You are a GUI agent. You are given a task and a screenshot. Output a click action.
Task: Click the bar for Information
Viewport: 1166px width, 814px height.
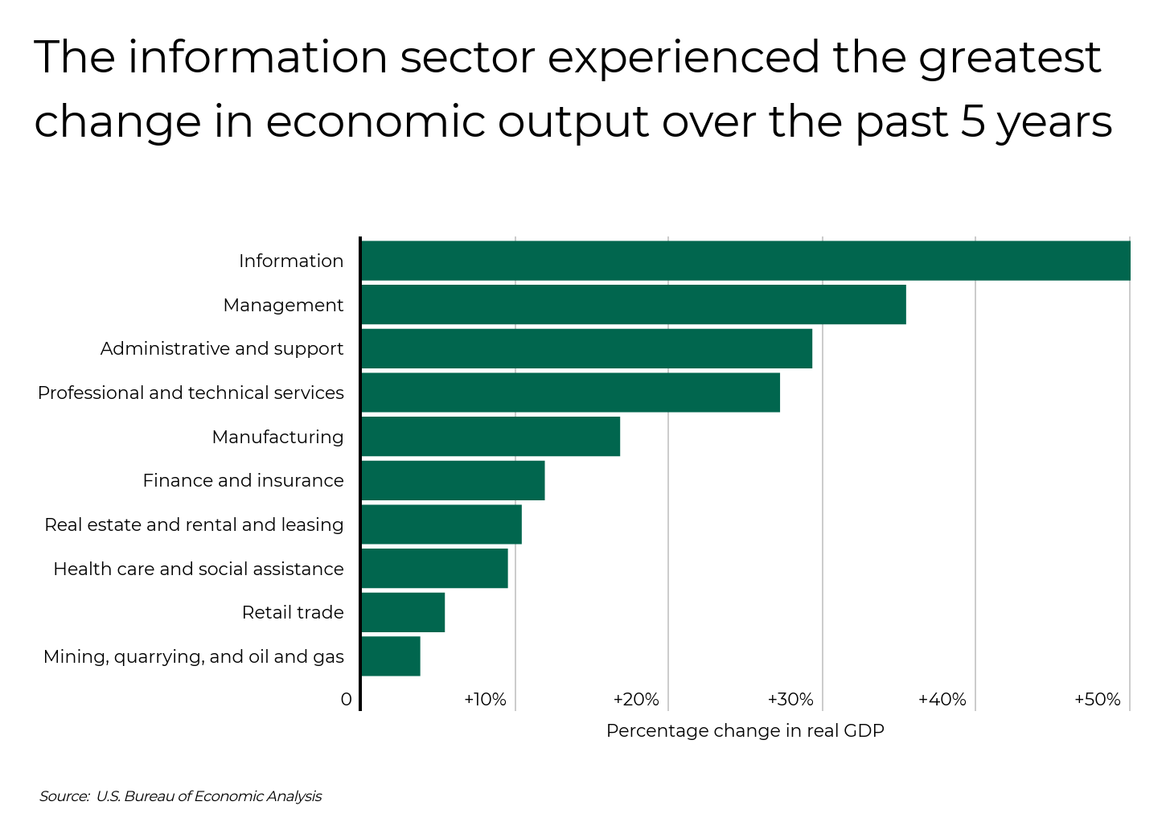coord(745,261)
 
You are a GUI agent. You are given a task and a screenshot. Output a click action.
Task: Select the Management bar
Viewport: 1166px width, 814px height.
coord(634,305)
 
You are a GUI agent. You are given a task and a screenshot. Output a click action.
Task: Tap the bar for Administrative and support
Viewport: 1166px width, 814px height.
coord(586,348)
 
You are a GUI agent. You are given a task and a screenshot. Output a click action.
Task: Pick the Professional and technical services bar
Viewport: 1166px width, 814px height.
coord(570,393)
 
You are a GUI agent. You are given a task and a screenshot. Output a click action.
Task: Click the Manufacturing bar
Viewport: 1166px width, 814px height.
coord(491,437)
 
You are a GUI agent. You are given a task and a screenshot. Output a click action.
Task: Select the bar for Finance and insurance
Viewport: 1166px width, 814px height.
coord(453,480)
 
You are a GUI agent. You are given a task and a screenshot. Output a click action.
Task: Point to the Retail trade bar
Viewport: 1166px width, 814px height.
coord(403,612)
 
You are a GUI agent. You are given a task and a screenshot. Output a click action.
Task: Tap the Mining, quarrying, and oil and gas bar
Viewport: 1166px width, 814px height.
coord(391,656)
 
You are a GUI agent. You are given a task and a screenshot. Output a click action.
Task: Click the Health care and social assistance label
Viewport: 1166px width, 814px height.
coord(199,569)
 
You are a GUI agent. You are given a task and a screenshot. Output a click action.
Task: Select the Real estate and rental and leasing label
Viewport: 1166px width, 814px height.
coord(194,524)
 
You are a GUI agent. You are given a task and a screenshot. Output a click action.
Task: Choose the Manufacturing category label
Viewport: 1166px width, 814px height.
coord(277,437)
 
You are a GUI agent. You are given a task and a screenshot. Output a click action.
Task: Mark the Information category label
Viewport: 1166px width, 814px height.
coord(291,261)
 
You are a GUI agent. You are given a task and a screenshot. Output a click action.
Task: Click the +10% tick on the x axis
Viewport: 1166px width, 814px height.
coord(485,700)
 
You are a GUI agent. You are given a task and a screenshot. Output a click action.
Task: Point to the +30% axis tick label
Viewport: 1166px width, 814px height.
coord(790,700)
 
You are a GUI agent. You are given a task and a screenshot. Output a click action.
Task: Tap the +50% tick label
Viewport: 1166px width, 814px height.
coord(1097,700)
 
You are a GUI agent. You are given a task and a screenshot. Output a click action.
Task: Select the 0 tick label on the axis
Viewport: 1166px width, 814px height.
coord(346,700)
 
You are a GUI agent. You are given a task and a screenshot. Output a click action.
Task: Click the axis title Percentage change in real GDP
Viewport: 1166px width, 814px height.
coord(745,730)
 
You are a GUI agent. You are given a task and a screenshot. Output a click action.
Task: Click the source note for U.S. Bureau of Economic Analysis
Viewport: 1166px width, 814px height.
coord(180,796)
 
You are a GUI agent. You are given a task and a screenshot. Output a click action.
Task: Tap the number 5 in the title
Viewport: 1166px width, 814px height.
coord(972,122)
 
